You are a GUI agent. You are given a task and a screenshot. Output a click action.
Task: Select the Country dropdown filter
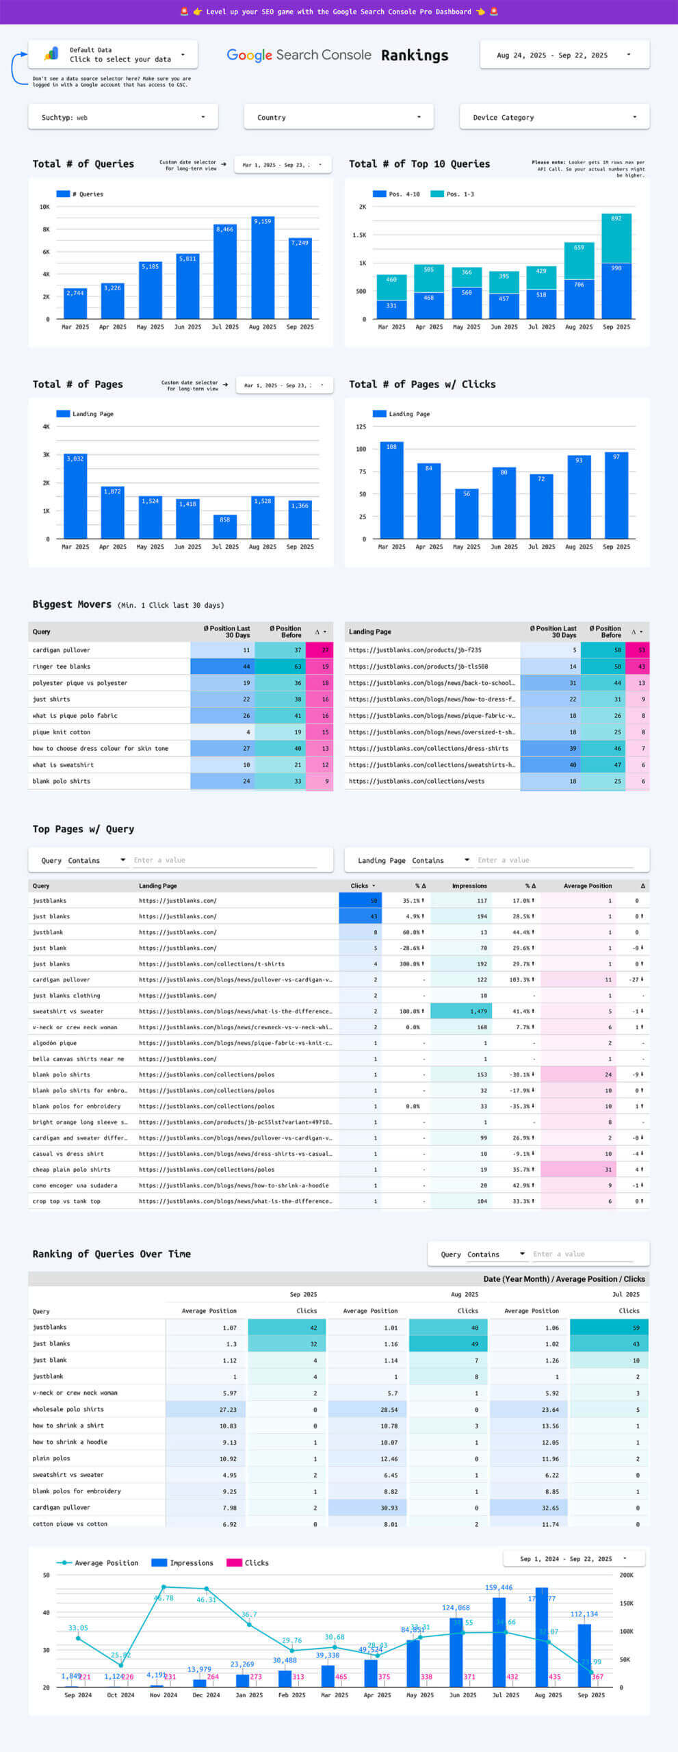click(x=339, y=117)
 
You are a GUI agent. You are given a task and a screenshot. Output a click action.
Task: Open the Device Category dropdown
click(x=554, y=117)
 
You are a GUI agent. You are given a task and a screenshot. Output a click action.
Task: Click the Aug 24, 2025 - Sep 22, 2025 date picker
click(x=564, y=55)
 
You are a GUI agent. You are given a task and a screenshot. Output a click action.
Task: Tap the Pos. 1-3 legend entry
click(x=453, y=194)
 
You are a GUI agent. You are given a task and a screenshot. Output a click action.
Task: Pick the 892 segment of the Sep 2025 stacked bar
click(x=616, y=238)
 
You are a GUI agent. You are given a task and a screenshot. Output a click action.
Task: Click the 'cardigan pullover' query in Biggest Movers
click(x=62, y=650)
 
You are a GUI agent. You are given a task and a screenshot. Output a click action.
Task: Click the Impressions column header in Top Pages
click(x=469, y=886)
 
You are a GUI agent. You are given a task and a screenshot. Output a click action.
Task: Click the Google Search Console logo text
click(x=299, y=55)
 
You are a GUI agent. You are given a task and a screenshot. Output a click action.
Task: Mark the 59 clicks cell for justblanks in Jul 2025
click(x=609, y=1328)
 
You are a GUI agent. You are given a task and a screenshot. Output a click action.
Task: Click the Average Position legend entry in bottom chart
click(x=99, y=1563)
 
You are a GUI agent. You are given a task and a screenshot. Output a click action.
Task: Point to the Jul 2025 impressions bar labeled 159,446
click(x=499, y=1642)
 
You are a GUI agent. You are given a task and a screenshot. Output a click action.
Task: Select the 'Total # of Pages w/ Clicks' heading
click(x=422, y=385)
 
